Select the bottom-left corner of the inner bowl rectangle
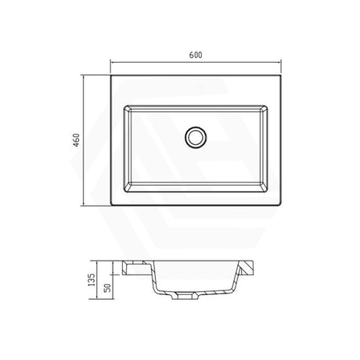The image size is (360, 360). coord(122,193)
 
